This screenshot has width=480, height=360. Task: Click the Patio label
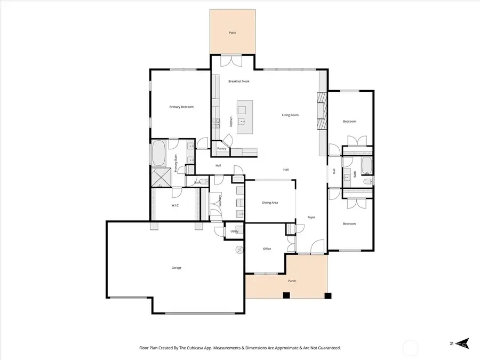tap(233, 33)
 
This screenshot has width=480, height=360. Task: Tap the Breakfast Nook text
tap(238, 81)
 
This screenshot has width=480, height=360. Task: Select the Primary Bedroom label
tap(181, 107)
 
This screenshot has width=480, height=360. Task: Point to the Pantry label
tap(221, 149)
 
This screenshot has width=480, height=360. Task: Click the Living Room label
tap(290, 115)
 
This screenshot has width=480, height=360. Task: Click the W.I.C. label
tap(174, 205)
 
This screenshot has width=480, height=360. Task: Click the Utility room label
tap(234, 231)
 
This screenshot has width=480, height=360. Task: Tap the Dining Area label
tap(270, 203)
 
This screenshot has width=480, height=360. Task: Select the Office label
tap(267, 249)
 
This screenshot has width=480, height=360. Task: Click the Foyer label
tap(311, 217)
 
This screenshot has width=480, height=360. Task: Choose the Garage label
tap(176, 267)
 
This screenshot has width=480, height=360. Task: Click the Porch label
tap(292, 281)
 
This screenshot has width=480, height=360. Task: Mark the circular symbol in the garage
tap(239, 250)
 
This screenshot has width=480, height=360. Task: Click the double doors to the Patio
tap(233, 61)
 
